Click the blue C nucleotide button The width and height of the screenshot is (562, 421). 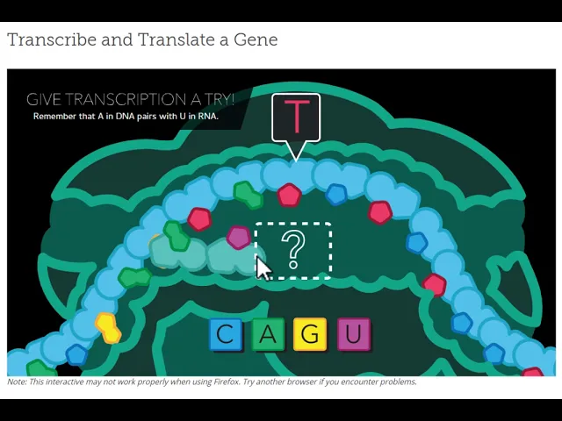coord(226,334)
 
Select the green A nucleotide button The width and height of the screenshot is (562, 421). coord(268,334)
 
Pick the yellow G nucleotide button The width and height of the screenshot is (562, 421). coord(310,334)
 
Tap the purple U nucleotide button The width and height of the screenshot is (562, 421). coord(353,334)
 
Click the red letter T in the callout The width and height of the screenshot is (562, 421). coord(297,117)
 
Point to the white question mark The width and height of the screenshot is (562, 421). coord(293,249)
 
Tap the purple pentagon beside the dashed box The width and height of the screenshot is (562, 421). coord(238,238)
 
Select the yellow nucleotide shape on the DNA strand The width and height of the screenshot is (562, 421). coord(107,327)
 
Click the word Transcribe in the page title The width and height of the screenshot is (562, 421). coord(52,39)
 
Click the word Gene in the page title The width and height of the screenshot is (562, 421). coord(256,39)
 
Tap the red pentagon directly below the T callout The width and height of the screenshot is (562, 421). coord(289,195)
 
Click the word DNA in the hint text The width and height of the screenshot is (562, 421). coord(125,117)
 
